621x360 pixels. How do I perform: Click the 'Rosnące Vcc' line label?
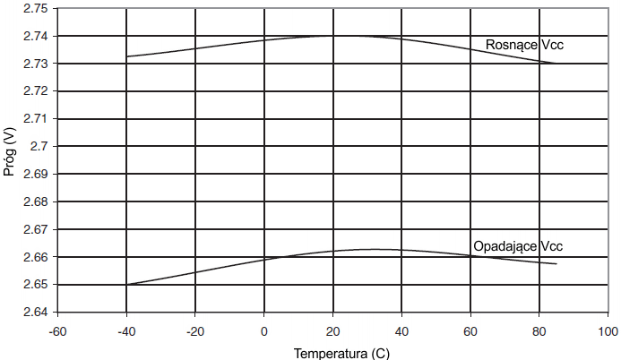click(524, 44)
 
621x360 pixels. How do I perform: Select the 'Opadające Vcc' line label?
click(517, 246)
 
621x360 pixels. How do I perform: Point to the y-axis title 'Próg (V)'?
click(10, 151)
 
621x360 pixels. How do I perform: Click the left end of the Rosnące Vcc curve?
click(126, 56)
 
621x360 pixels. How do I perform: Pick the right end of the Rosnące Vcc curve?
click(556, 64)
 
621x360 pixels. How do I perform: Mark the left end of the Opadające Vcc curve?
click(126, 285)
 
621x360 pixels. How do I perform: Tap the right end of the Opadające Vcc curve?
click(556, 264)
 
